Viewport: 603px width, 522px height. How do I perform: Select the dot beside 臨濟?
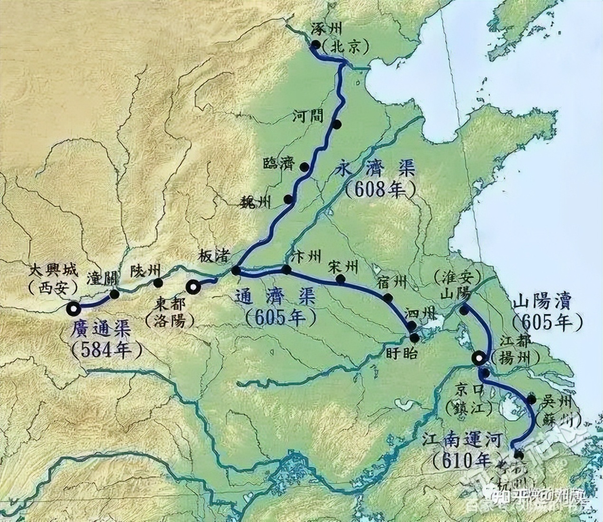tap(304, 167)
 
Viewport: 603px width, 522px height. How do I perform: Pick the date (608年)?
tap(380, 190)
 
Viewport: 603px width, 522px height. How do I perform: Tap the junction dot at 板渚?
tap(236, 270)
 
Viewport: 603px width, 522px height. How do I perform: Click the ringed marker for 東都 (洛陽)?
tap(193, 287)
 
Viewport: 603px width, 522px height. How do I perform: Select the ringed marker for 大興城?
tap(74, 309)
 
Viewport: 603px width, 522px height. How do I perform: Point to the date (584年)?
tap(107, 350)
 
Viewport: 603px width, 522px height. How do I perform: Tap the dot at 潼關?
tap(114, 294)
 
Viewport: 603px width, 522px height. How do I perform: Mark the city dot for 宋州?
tap(340, 279)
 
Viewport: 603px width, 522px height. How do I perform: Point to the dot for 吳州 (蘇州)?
tap(532, 400)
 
